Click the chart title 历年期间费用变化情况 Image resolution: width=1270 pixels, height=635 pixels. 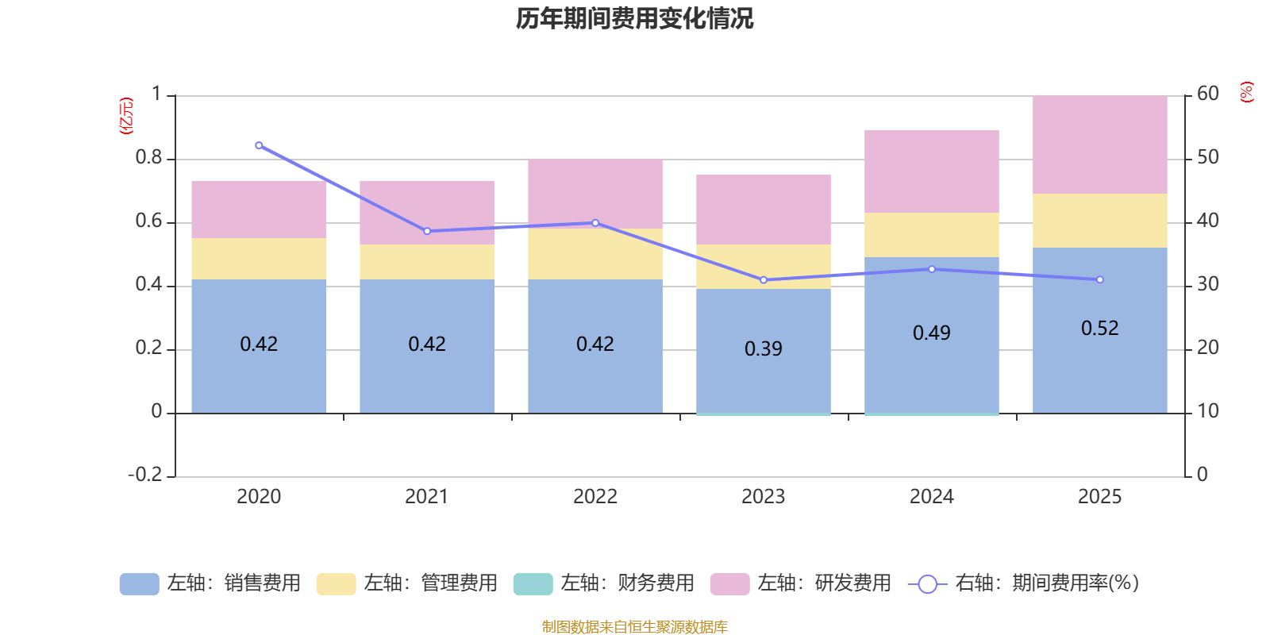[x=634, y=18]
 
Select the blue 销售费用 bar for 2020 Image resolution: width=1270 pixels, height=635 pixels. [x=259, y=373]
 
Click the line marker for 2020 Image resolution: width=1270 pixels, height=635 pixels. [x=259, y=145]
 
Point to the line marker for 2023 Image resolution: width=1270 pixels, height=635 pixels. [x=764, y=280]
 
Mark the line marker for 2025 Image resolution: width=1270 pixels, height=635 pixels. [x=1099, y=279]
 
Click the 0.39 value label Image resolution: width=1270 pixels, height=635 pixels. [x=763, y=349]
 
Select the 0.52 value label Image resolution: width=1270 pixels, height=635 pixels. [x=1099, y=329]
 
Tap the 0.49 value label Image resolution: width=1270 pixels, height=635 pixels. [x=931, y=333]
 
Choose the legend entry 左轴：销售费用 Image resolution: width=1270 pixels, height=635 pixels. [x=210, y=583]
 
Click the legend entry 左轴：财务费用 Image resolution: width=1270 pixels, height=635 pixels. [x=604, y=583]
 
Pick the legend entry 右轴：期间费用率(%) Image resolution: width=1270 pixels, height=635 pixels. [x=1024, y=583]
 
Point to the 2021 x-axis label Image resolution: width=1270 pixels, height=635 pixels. [x=426, y=497]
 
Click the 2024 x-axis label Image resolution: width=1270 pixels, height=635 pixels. [x=931, y=497]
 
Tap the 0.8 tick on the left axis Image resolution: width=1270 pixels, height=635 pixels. [x=148, y=158]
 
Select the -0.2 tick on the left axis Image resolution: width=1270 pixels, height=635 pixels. [x=144, y=475]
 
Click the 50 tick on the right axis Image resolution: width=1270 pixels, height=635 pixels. [x=1207, y=158]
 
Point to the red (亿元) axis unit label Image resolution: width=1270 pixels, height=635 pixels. [x=125, y=116]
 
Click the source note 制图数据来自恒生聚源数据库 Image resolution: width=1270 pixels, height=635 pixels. [x=634, y=627]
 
